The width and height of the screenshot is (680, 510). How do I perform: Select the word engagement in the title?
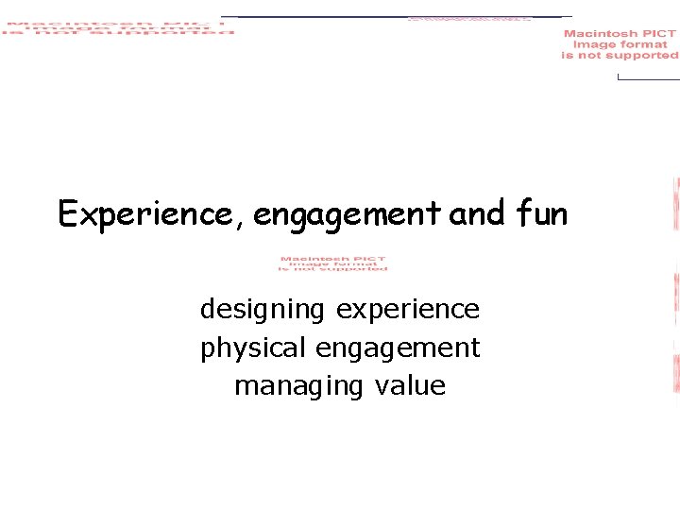click(x=347, y=216)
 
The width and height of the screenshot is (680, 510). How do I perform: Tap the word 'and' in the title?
click(x=478, y=214)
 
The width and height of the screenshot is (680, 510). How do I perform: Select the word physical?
click(x=253, y=348)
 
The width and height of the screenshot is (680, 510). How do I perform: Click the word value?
click(x=409, y=386)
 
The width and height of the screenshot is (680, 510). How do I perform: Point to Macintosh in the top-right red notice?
click(x=601, y=34)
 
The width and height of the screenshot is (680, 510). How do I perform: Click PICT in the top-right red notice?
click(x=658, y=34)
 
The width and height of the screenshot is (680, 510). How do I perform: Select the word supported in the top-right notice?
click(x=642, y=56)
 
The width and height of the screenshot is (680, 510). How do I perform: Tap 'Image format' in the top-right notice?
click(x=620, y=44)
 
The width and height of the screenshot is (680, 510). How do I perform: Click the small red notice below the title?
click(x=332, y=263)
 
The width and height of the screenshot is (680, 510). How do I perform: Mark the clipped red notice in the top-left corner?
click(x=117, y=26)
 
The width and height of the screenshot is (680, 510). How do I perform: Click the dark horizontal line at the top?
click(x=397, y=17)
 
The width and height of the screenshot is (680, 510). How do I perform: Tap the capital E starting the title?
click(x=67, y=214)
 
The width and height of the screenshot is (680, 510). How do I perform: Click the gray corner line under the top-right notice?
click(x=647, y=78)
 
